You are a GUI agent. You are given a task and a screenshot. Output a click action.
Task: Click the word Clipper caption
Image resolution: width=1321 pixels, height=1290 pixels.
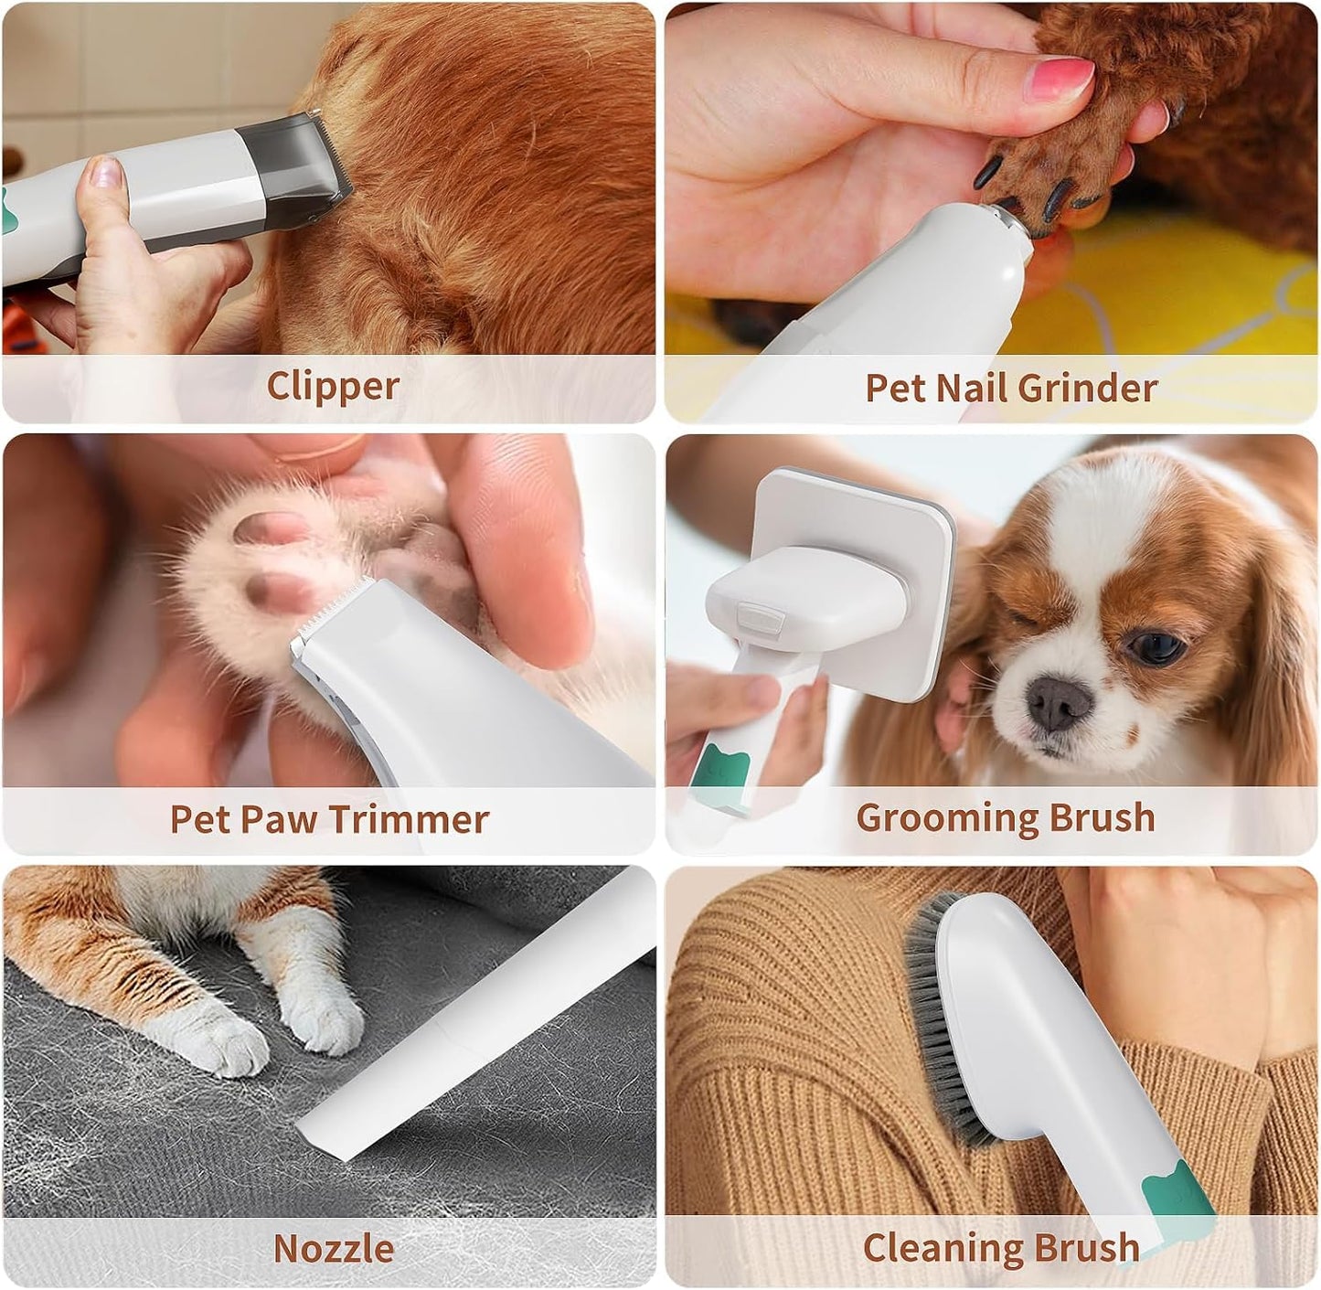(333, 387)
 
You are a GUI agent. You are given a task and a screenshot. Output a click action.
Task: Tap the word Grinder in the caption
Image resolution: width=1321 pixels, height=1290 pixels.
(1086, 389)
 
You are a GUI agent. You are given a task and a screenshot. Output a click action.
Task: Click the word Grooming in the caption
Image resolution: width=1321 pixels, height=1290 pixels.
(946, 817)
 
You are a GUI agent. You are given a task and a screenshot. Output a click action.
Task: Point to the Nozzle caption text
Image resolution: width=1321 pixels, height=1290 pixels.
(333, 1248)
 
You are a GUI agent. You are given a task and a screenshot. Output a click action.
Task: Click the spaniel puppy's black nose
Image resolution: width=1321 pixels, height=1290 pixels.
(1058, 702)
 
